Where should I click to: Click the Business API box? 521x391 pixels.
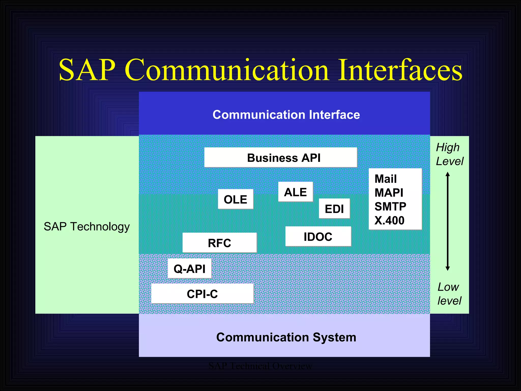pyautogui.click(x=280, y=158)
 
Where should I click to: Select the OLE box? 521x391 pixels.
pyautogui.click(x=235, y=199)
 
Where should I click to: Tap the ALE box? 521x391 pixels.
pyautogui.click(x=295, y=192)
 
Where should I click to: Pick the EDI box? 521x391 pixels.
pyautogui.click(x=334, y=209)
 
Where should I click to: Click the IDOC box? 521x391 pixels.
pyautogui.click(x=318, y=236)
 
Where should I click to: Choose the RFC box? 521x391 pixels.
pyautogui.click(x=220, y=243)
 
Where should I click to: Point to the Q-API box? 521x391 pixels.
pyautogui.click(x=190, y=269)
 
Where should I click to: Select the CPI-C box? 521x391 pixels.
pyautogui.click(x=202, y=294)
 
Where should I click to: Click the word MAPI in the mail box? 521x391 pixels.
pyautogui.click(x=389, y=193)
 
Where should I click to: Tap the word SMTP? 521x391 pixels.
pyautogui.click(x=390, y=206)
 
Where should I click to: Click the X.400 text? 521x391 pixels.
pyautogui.click(x=389, y=220)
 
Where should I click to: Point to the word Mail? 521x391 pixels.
pyautogui.click(x=385, y=179)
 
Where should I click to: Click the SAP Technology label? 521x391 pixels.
pyautogui.click(x=87, y=226)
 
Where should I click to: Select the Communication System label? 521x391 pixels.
pyautogui.click(x=286, y=337)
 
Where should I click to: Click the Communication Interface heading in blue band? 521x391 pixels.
pyautogui.click(x=286, y=115)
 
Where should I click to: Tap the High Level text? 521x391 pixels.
pyautogui.click(x=449, y=154)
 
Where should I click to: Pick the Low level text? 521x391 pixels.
pyautogui.click(x=449, y=294)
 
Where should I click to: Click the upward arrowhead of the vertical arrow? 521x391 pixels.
pyautogui.click(x=448, y=174)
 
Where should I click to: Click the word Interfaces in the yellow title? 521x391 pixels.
pyautogui.click(x=400, y=70)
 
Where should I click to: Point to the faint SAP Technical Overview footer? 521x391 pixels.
pyautogui.click(x=260, y=366)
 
